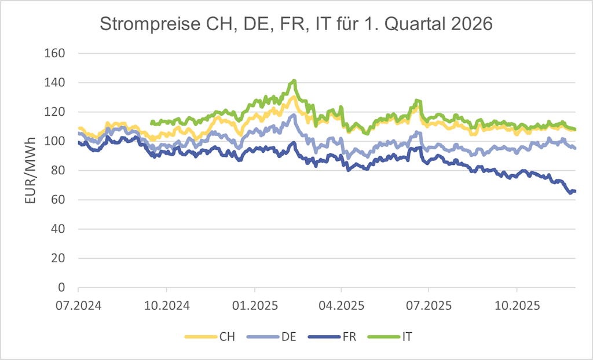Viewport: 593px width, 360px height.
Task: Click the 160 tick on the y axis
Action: tap(54, 53)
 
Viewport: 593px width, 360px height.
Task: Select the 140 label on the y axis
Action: tap(54, 83)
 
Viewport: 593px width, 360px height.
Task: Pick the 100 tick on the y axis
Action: tap(54, 141)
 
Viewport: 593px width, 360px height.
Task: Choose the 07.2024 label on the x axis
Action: tap(78, 304)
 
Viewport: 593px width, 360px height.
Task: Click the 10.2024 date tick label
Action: tap(166, 304)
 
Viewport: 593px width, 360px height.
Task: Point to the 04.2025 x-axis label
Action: tap(341, 304)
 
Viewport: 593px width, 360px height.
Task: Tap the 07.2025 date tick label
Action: tap(428, 304)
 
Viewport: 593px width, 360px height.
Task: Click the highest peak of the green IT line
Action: tap(294, 81)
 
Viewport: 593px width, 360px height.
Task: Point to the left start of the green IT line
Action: tap(152, 123)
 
